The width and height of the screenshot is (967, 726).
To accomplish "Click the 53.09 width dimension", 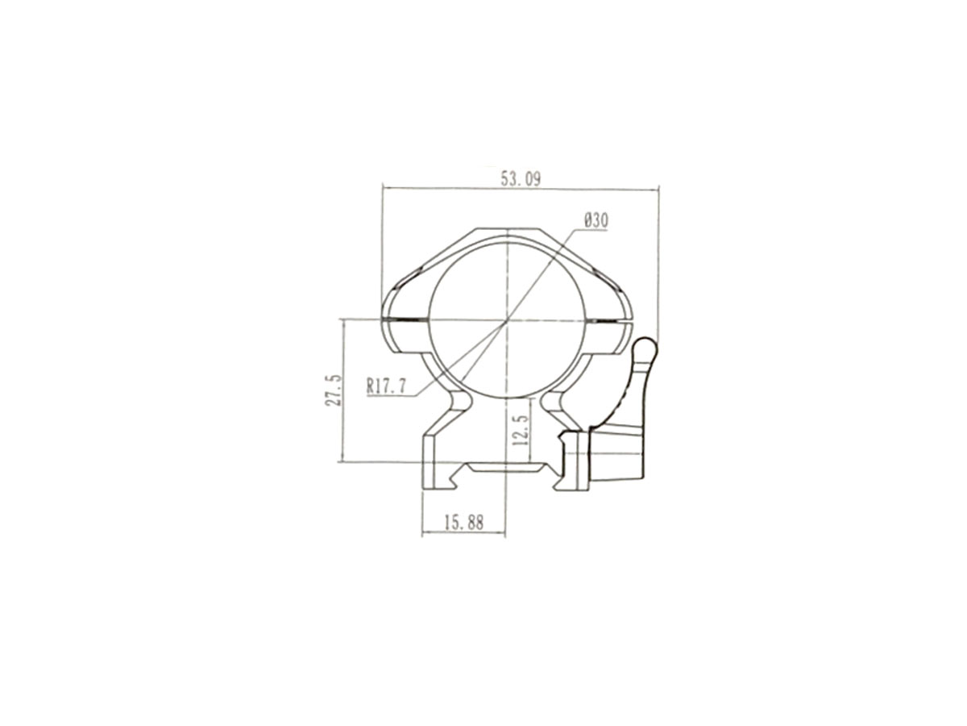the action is pos(521,178).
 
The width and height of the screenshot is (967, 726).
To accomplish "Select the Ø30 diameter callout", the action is pos(596,221).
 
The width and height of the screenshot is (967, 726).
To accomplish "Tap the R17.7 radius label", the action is pos(386,386).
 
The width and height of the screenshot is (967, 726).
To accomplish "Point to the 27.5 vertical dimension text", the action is pos(334,390).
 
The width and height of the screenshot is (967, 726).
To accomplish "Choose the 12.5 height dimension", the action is pos(521,430).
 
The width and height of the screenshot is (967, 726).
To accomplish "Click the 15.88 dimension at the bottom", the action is pos(464,523).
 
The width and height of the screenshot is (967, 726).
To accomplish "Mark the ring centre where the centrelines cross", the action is pos(507,319).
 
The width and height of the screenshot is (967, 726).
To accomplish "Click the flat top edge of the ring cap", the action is pos(507,229).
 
